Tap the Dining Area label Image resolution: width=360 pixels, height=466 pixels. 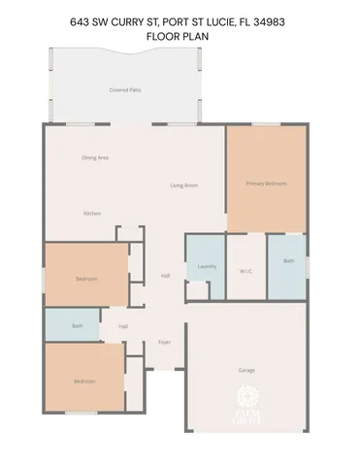pos(94,157)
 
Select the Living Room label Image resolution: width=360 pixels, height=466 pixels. pos(184,184)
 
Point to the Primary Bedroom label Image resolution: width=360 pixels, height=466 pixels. pos(265,183)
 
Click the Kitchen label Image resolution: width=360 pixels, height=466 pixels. pos(92,214)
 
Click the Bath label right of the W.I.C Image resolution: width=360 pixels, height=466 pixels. pos(288,261)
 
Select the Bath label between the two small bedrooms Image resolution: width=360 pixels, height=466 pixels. pos(78,326)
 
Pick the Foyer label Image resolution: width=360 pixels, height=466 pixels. pos(165,343)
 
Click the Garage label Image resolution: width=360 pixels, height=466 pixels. pos(246,370)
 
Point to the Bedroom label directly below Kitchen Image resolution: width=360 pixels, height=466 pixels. pos(85,280)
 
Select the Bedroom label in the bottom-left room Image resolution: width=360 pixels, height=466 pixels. pos(84,382)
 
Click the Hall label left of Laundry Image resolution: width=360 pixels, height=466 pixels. pos(165,277)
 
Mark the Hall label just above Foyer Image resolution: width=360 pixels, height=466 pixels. pos(123,326)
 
